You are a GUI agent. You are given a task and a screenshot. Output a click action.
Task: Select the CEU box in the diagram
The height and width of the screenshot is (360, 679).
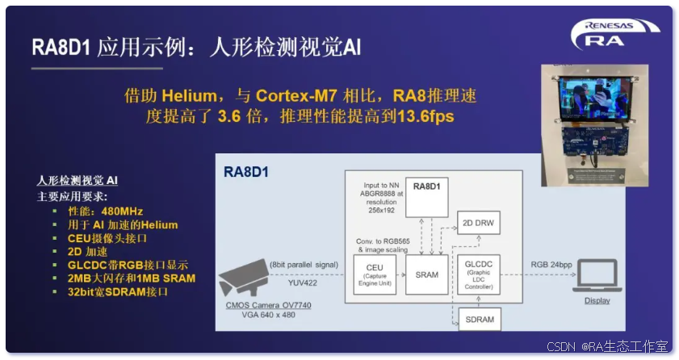tap(375, 274)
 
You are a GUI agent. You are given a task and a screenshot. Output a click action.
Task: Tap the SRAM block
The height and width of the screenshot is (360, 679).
tap(427, 274)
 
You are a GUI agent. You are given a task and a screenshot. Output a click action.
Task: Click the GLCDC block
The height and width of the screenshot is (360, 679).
tap(480, 274)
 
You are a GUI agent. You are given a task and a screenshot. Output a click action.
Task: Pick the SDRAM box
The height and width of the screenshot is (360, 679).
tap(480, 319)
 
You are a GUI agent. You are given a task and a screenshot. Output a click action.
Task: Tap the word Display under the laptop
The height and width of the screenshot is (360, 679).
tap(597, 301)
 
